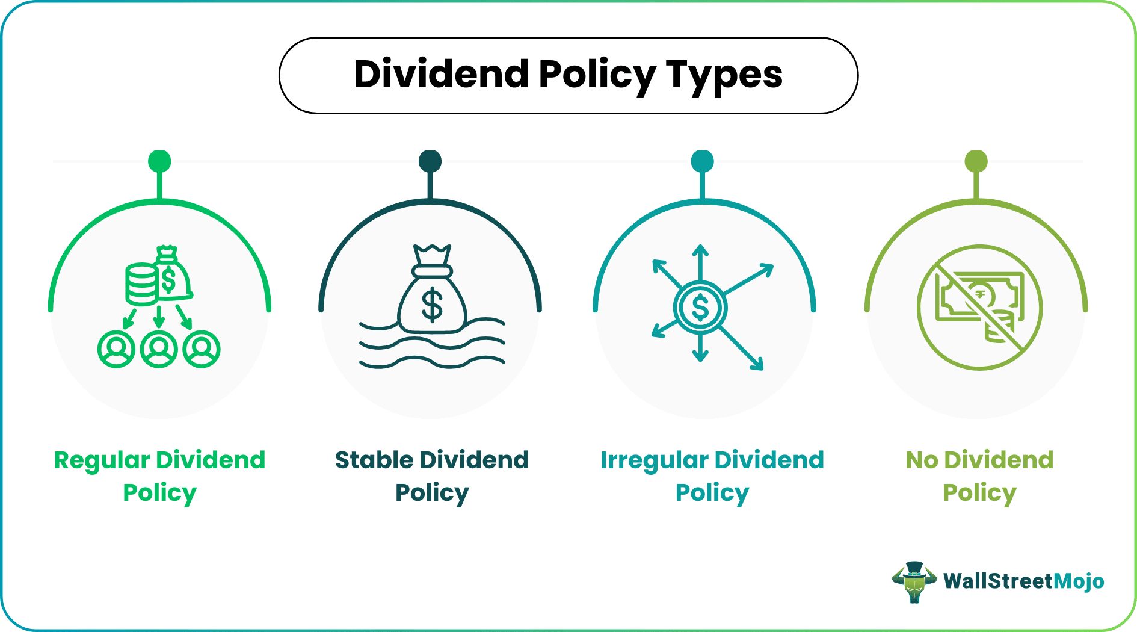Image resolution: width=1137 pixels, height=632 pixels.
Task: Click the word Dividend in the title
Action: (x=441, y=74)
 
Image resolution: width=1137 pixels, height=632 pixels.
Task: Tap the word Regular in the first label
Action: (x=102, y=460)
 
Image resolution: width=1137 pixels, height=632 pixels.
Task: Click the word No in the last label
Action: (x=922, y=460)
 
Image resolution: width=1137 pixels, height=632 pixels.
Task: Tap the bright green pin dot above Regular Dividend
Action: (x=159, y=161)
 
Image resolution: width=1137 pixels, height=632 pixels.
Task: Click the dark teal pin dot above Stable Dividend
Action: (x=430, y=161)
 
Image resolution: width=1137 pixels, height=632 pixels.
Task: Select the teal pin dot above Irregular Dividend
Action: (x=702, y=161)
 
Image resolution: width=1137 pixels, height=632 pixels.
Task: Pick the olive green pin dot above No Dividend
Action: (x=976, y=161)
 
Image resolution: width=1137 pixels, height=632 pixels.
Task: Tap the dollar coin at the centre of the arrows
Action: (x=700, y=308)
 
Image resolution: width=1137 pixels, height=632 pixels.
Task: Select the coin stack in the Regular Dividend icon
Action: (x=141, y=283)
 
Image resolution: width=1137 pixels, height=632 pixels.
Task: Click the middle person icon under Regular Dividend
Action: (x=159, y=349)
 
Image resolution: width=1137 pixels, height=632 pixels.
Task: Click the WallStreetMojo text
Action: (x=1023, y=581)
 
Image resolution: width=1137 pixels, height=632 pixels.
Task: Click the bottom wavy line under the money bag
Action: (x=431, y=362)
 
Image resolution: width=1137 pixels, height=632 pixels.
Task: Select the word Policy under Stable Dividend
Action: (x=431, y=492)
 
